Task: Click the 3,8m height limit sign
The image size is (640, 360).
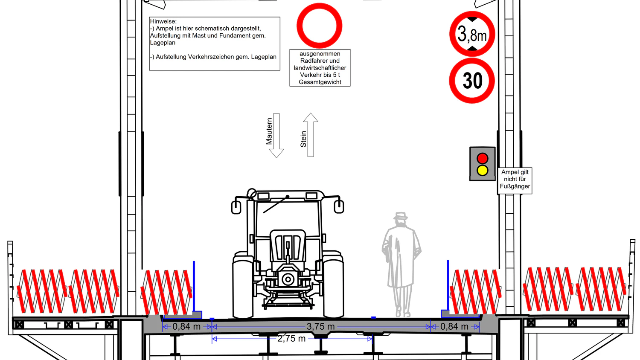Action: click(x=472, y=34)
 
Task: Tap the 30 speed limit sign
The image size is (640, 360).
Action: click(x=472, y=81)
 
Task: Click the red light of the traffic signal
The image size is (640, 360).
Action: click(x=482, y=158)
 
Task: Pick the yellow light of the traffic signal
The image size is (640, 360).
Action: click(x=482, y=170)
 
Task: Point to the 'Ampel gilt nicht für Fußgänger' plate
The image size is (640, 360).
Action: click(x=515, y=180)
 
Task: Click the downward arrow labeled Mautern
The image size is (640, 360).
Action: click(x=276, y=136)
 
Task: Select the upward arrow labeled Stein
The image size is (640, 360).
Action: click(x=311, y=135)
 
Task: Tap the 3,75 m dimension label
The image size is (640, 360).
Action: click(x=320, y=327)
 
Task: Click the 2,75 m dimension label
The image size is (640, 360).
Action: click(x=291, y=339)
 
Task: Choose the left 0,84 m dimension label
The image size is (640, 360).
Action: click(x=186, y=327)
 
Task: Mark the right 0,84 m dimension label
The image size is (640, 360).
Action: click(x=454, y=327)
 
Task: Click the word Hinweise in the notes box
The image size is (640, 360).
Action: click(x=163, y=21)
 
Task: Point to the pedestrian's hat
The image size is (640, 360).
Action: click(x=401, y=216)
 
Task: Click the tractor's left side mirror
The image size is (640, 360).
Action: click(x=236, y=207)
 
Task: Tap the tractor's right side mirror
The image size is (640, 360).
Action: click(x=339, y=206)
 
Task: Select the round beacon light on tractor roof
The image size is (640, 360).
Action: click(x=252, y=193)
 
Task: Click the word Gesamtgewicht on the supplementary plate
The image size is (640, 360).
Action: click(x=320, y=82)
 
